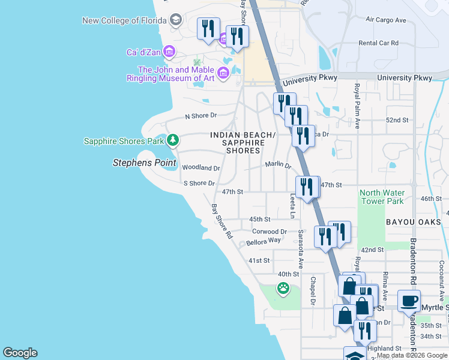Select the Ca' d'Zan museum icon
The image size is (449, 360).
(x=169, y=52)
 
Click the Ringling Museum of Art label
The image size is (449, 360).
(x=170, y=74)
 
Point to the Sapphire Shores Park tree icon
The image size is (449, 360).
(x=173, y=140)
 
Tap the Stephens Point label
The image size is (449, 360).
(x=145, y=163)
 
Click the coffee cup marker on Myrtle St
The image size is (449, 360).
(x=409, y=301)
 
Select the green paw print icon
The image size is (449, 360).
(x=283, y=289)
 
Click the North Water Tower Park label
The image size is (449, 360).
(x=382, y=197)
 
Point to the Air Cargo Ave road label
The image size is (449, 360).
(x=386, y=20)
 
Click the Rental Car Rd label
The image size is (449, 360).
(x=378, y=43)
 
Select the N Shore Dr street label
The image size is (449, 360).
(x=200, y=115)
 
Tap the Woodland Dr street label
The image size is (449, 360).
(x=200, y=168)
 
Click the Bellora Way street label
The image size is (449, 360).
(x=264, y=241)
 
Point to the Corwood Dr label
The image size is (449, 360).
(x=270, y=231)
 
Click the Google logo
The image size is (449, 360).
(x=20, y=353)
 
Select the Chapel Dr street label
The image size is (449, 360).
(x=313, y=290)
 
